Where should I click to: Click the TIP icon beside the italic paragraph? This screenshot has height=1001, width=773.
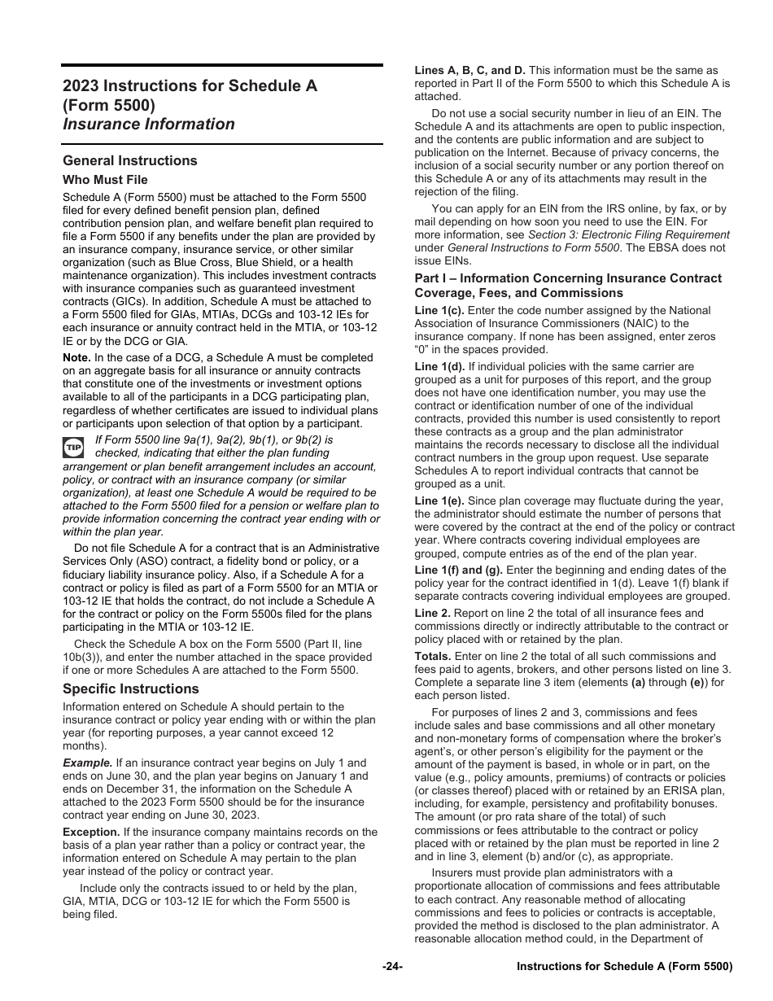tap(74, 447)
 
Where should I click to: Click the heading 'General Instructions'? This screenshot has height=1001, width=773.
tap(129, 160)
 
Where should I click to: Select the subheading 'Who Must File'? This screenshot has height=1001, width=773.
tap(105, 180)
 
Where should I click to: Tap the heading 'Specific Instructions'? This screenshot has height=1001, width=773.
tap(130, 688)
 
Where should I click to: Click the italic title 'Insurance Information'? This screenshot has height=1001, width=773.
tap(148, 124)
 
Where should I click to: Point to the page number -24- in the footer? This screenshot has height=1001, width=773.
tap(392, 966)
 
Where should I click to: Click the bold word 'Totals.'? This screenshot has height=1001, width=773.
tap(432, 656)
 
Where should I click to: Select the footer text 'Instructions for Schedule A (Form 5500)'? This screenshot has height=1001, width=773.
tap(625, 966)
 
